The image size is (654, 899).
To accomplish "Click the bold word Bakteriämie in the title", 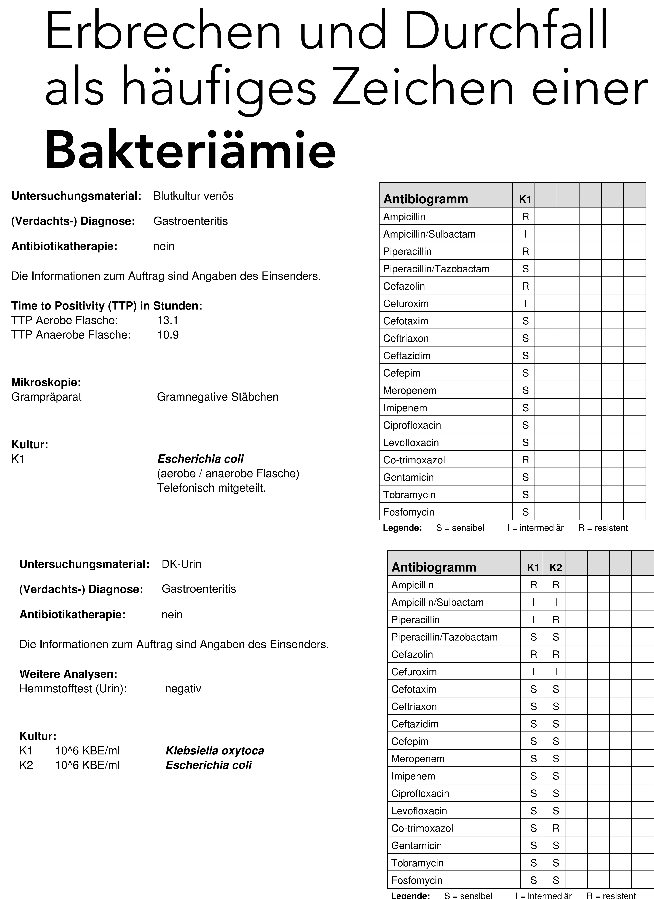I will coord(190,151).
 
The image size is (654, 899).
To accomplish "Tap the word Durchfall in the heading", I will coord(505,31).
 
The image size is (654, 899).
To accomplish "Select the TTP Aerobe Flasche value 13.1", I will coord(168,320).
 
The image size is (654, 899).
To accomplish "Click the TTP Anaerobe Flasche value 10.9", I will coord(168,335).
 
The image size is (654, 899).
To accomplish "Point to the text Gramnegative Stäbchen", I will coord(218,397).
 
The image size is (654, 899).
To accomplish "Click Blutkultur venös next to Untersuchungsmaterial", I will coord(193,196).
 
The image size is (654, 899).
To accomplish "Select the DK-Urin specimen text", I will coord(182,564).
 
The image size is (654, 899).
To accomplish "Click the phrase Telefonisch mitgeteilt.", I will coord(211,488).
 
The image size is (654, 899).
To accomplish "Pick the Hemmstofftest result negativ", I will coord(183,688).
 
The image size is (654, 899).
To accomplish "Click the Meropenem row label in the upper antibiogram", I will coord(410,390).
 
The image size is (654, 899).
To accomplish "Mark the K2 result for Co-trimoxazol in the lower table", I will coord(556,828).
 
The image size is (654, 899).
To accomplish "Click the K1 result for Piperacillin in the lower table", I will coord(533,620).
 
